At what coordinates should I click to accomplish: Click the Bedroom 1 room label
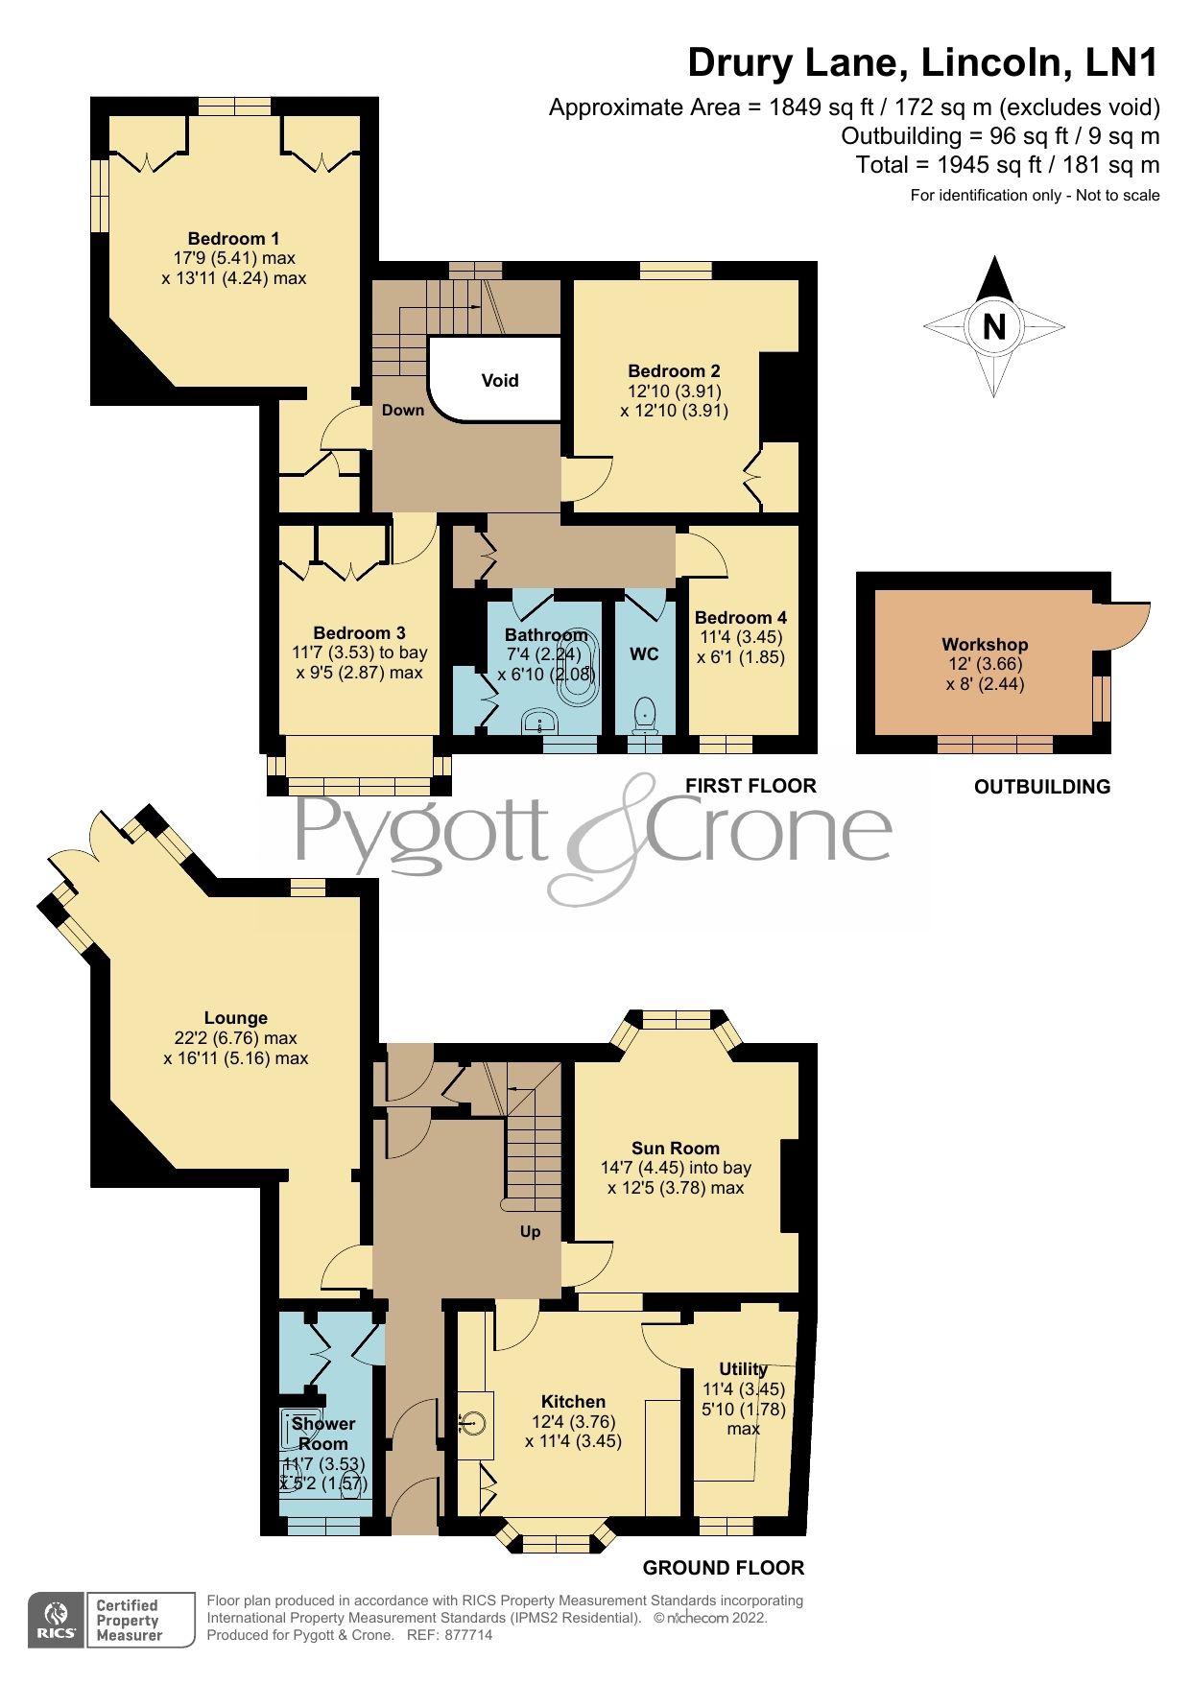(x=233, y=239)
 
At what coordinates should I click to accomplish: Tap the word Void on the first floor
(x=499, y=381)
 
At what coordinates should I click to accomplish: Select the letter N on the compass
(x=994, y=327)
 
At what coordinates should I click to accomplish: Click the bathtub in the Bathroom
(x=578, y=669)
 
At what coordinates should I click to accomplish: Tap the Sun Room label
(x=675, y=1149)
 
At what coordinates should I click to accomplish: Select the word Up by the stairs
(x=530, y=1231)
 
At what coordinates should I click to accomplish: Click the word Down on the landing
(x=402, y=411)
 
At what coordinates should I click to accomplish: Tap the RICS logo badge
(x=58, y=1620)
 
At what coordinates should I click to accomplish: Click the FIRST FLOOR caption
(x=750, y=786)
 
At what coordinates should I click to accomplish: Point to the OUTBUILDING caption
(x=1041, y=787)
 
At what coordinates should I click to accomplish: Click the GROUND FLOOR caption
(x=723, y=1568)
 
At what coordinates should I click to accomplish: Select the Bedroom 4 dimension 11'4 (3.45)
(x=741, y=637)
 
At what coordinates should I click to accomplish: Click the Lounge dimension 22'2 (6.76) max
(x=235, y=1038)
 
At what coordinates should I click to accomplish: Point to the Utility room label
(x=743, y=1368)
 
